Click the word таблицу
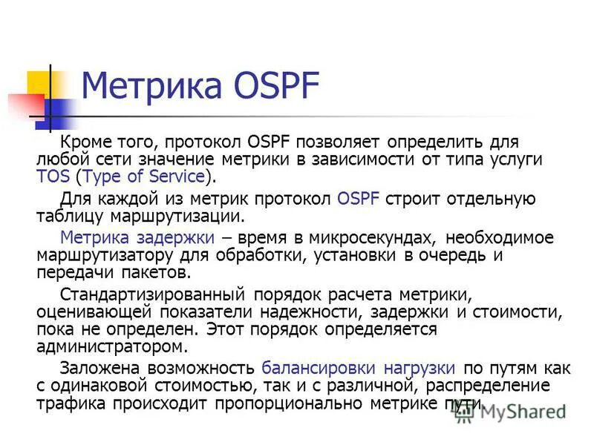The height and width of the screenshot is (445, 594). coord(68,216)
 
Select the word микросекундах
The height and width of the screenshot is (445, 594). coord(367,238)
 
